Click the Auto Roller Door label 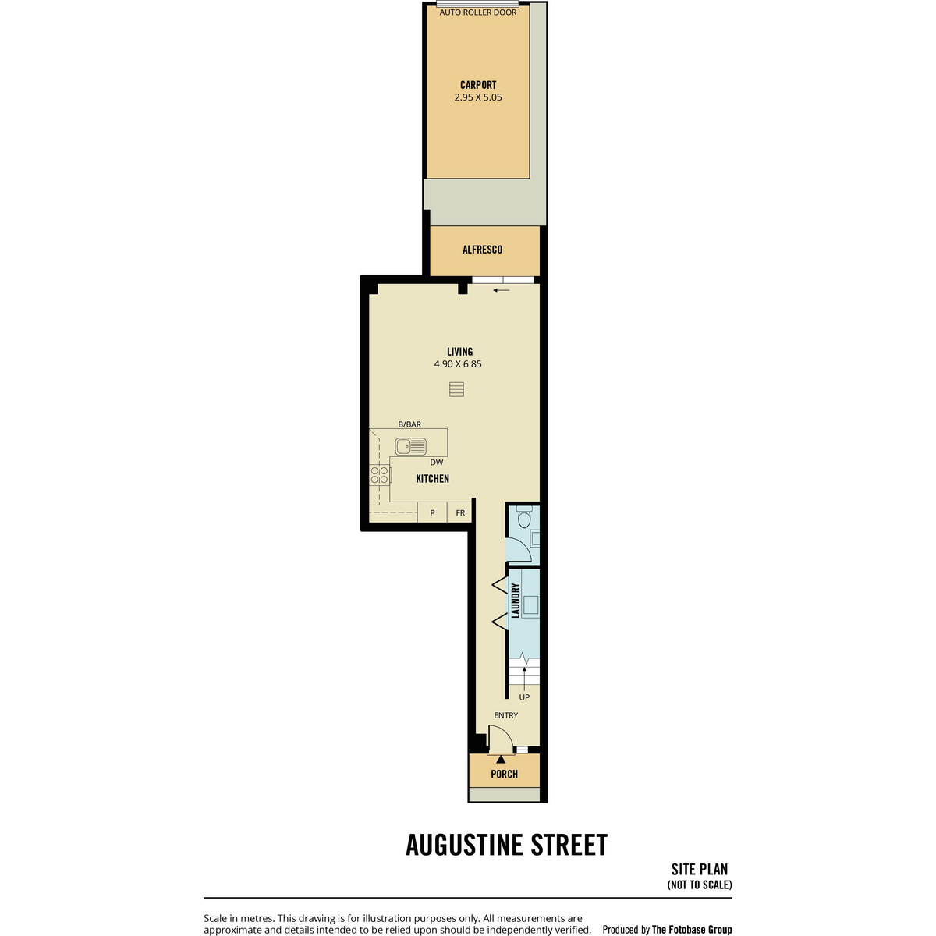pyautogui.click(x=478, y=12)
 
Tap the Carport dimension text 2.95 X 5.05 pyautogui.click(x=478, y=97)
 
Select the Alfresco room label pyautogui.click(x=482, y=250)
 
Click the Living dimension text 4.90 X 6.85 pyautogui.click(x=458, y=363)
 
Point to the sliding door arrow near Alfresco pyautogui.click(x=502, y=290)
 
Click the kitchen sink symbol pyautogui.click(x=410, y=446)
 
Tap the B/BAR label pyautogui.click(x=409, y=424)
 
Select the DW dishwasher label pyautogui.click(x=437, y=463)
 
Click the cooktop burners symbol pyautogui.click(x=380, y=474)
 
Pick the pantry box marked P pyautogui.click(x=432, y=512)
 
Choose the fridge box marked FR pyautogui.click(x=460, y=512)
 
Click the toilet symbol pyautogui.click(x=524, y=517)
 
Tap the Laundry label pyautogui.click(x=516, y=601)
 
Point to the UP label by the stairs pyautogui.click(x=524, y=697)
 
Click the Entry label pyautogui.click(x=505, y=715)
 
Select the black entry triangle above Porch pyautogui.click(x=501, y=759)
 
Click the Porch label pyautogui.click(x=504, y=774)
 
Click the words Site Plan pyautogui.click(x=700, y=870)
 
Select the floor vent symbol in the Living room pyautogui.click(x=456, y=389)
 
